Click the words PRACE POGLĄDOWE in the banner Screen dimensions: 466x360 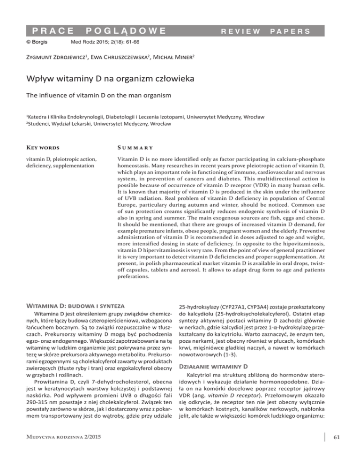point(94,31)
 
